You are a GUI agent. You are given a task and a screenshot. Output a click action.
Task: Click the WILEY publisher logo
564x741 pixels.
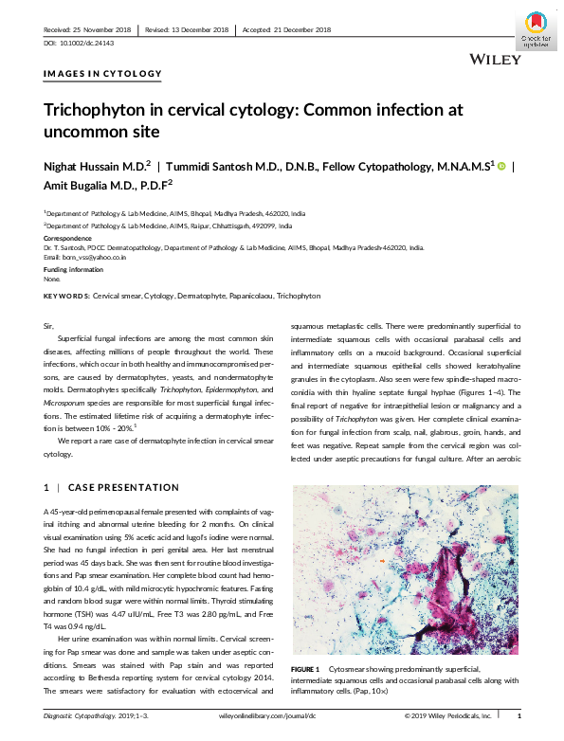(x=495, y=60)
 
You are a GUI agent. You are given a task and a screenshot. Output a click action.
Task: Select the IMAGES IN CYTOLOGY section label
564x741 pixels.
(x=102, y=73)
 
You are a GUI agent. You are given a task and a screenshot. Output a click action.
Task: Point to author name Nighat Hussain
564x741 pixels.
(x=86, y=165)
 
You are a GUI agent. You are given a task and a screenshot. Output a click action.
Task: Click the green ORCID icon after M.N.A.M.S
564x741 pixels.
(x=501, y=165)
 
